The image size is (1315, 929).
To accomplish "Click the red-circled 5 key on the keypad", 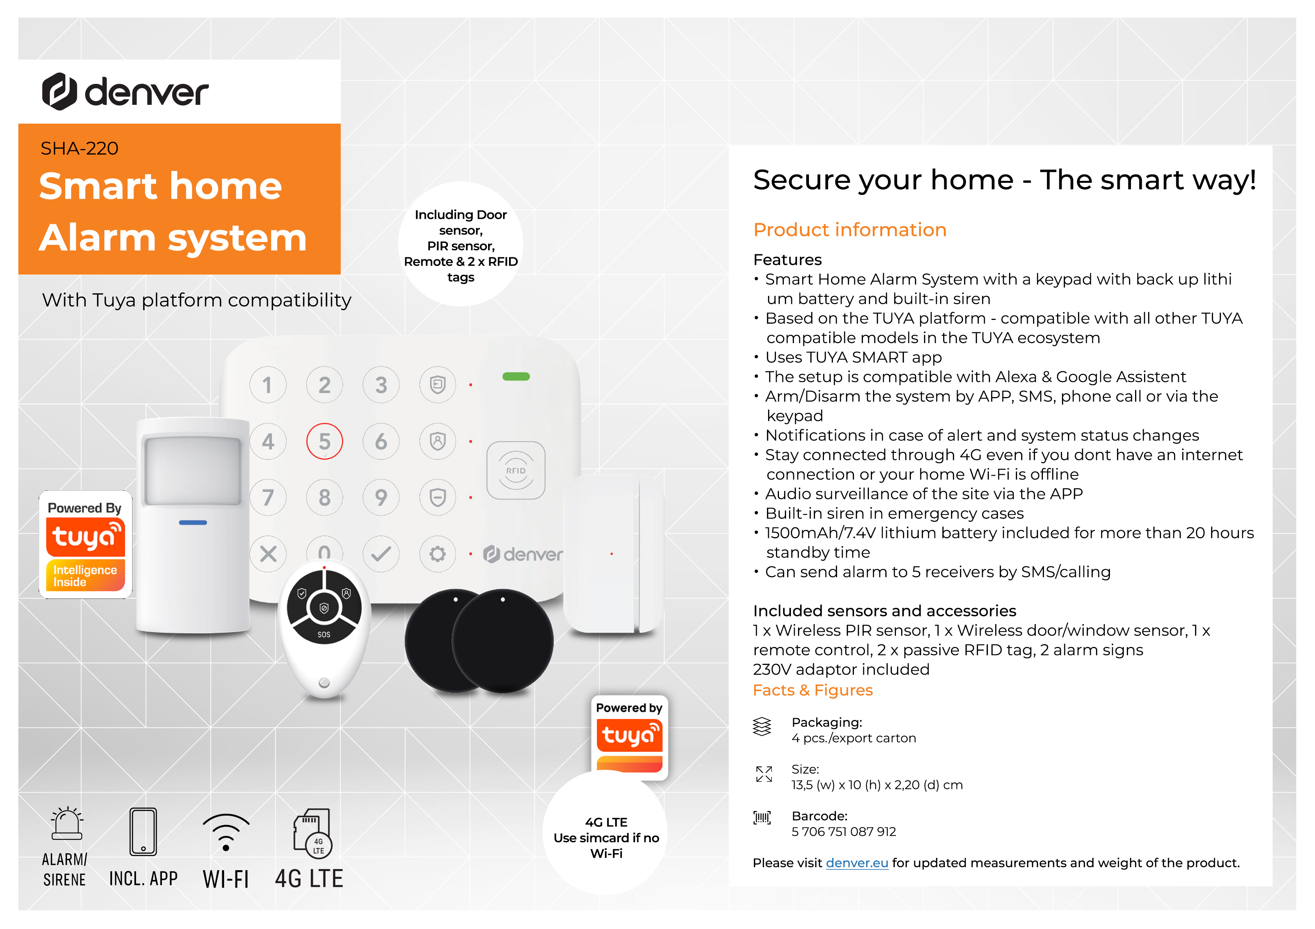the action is (324, 441).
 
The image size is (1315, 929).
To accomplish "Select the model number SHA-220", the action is (79, 148).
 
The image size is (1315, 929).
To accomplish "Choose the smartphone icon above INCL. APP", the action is (143, 832).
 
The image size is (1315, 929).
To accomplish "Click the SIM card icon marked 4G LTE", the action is (312, 833).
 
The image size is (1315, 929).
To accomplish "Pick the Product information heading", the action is (850, 230).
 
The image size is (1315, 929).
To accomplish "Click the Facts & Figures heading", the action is (813, 690).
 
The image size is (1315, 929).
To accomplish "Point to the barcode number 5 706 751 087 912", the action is (844, 832).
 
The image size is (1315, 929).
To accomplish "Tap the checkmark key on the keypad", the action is (381, 554).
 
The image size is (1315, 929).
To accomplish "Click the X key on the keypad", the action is (268, 554).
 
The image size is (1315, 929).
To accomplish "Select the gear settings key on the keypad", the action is (437, 554).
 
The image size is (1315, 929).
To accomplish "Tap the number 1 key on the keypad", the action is (268, 385).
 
